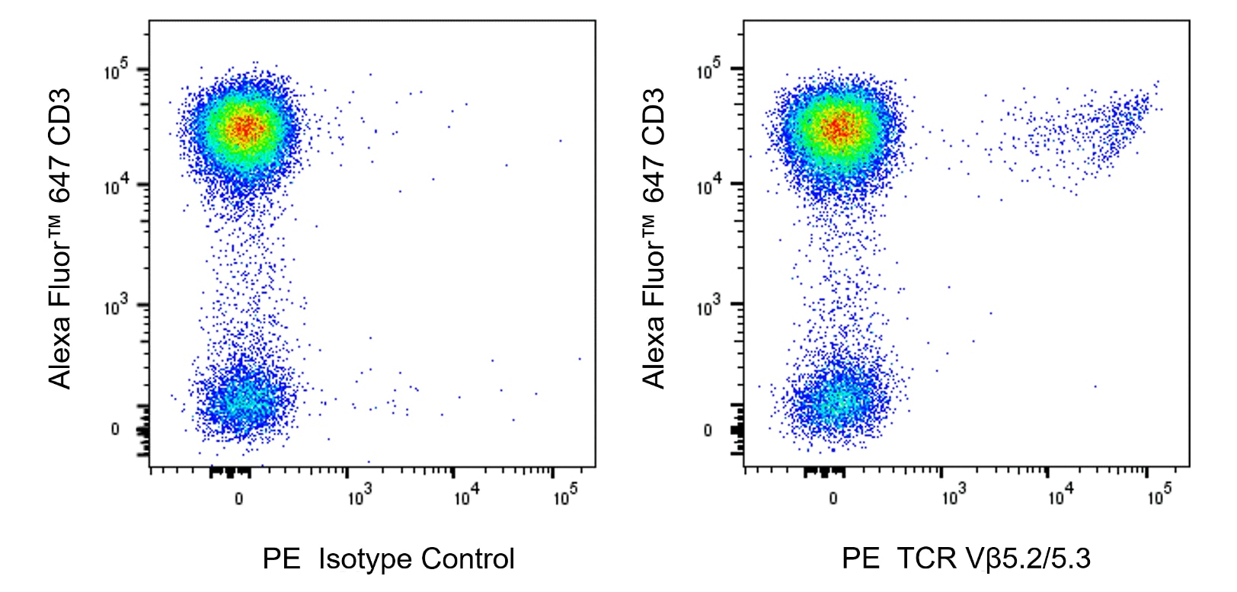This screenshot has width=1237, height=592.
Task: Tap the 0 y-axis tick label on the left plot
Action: (x=115, y=429)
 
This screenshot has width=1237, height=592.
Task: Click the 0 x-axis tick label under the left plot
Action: (x=238, y=498)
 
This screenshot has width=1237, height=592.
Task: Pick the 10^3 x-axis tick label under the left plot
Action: (x=359, y=497)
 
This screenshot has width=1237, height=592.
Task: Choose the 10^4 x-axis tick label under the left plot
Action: (x=465, y=497)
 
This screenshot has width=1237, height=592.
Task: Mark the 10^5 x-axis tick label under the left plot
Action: (x=564, y=497)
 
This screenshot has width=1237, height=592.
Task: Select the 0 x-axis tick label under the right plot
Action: (x=833, y=498)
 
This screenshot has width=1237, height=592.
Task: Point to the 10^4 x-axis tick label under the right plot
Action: (x=1060, y=497)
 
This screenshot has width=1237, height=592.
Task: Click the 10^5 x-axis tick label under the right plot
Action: (x=1159, y=497)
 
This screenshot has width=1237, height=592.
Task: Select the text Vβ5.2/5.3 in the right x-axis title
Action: (x=1028, y=558)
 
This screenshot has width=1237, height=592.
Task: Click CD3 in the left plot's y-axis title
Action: (x=59, y=116)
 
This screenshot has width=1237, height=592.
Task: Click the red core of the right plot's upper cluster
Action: (x=839, y=129)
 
